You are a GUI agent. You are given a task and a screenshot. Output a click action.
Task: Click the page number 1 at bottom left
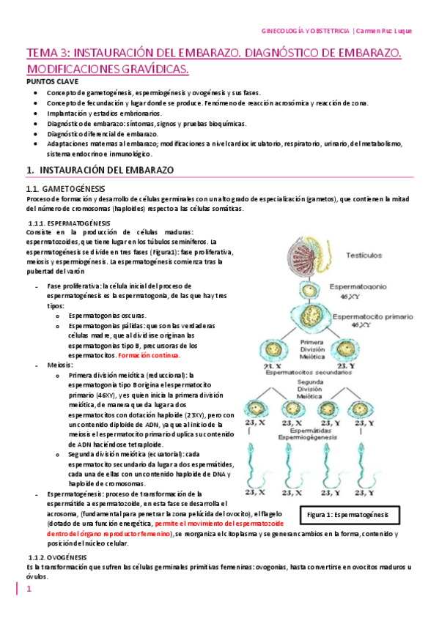point(30,590)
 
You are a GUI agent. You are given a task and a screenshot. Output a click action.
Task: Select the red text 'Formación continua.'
point(149,355)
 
